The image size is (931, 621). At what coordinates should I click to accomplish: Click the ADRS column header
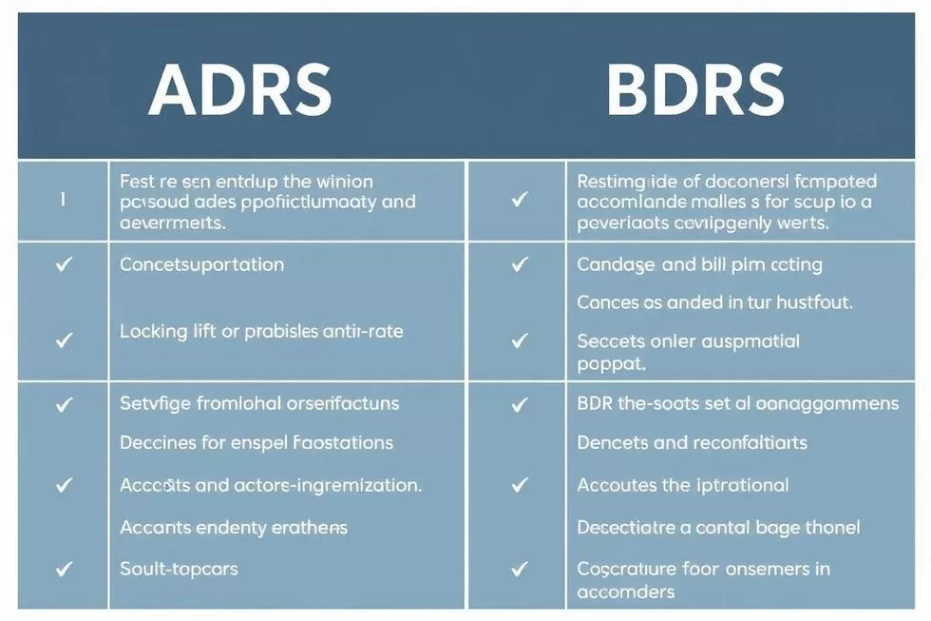[240, 91]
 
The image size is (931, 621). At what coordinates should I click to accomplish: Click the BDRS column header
[694, 91]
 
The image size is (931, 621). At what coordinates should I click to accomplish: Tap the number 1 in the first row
[63, 201]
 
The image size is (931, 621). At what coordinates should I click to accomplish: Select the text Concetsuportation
[201, 264]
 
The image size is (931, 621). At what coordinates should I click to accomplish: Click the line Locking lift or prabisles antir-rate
[261, 331]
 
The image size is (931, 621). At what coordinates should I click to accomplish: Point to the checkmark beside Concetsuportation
[64, 264]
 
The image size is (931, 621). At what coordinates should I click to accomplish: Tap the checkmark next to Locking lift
[64, 339]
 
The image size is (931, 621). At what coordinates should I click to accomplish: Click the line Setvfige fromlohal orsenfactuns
[259, 403]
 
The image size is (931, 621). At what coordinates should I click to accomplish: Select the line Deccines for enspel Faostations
[256, 443]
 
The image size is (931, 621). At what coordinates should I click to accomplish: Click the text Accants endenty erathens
[234, 527]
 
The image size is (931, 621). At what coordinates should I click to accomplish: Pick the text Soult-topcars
[179, 569]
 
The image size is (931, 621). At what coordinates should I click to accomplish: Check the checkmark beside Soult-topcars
[64, 569]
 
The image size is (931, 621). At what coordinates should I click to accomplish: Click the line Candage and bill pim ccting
[699, 264]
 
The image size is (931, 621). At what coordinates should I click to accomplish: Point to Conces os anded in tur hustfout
[714, 302]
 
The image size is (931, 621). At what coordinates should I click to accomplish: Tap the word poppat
[611, 363]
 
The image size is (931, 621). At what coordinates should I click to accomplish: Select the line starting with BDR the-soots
[737, 403]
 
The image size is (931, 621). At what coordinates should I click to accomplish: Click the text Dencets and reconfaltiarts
[692, 443]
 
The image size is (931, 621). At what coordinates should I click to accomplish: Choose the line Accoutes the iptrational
[683, 485]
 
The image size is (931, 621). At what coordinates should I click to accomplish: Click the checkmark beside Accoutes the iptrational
[519, 485]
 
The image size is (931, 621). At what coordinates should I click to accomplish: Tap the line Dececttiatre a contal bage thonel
[718, 527]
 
